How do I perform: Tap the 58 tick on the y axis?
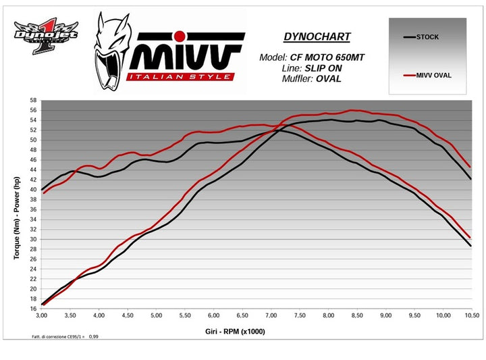click(34, 101)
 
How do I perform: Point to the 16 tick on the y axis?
click(34, 309)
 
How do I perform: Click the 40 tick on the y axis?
click(34, 190)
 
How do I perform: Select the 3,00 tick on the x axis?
click(42, 315)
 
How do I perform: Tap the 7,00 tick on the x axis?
click(271, 315)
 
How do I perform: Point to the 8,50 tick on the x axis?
click(356, 315)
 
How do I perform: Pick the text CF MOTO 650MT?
click(327, 57)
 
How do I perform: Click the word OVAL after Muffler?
click(328, 79)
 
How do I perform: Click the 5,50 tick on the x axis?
click(185, 315)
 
